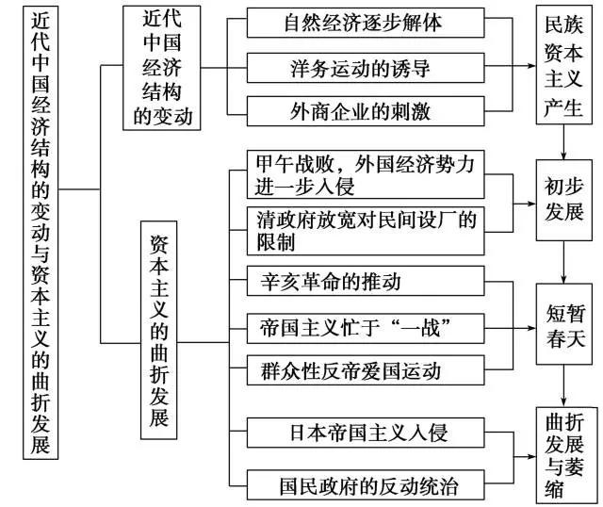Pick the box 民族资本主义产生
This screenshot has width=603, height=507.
562,67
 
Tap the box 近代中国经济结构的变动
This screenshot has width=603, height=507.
165,67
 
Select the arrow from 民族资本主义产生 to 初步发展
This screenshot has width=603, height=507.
563,146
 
